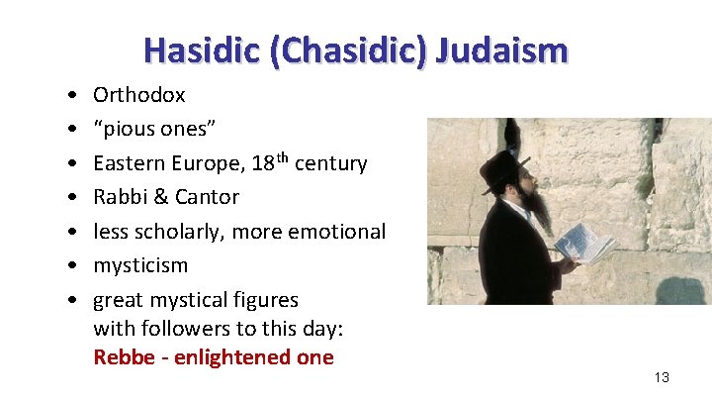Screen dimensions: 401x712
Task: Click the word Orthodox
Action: point(138,95)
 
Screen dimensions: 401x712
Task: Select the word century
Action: point(331,162)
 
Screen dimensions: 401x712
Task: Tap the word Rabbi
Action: point(119,196)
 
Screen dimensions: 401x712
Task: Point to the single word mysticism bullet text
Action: point(140,265)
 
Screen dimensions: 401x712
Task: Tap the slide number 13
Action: point(662,377)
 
